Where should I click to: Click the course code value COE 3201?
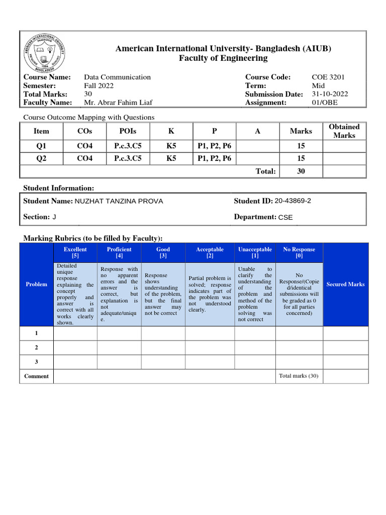(x=328, y=77)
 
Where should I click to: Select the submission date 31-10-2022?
(x=330, y=94)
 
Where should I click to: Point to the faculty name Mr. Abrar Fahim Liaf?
(x=118, y=103)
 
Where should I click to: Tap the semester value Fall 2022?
(x=99, y=85)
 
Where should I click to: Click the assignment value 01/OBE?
(x=325, y=103)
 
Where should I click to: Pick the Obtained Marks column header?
(x=344, y=131)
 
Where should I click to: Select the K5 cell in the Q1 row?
(x=171, y=146)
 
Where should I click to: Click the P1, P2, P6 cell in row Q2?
(x=214, y=159)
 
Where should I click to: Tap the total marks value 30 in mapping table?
(x=301, y=171)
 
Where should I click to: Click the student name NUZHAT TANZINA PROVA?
(x=119, y=201)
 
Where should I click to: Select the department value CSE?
(x=285, y=217)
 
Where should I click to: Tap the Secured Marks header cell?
(x=345, y=284)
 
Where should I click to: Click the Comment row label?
(x=37, y=376)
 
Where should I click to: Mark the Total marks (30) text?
(x=299, y=376)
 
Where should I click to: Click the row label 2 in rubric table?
(x=36, y=348)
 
